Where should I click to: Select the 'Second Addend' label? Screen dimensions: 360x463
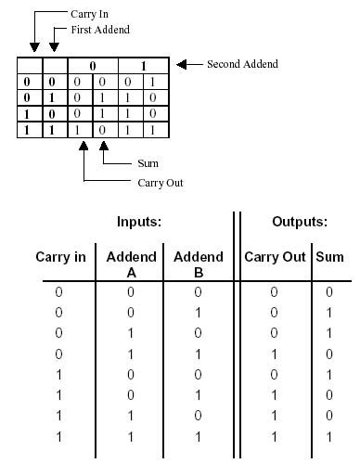coord(242,64)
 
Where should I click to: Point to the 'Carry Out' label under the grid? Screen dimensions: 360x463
coord(134,182)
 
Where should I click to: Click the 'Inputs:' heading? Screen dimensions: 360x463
coord(141,223)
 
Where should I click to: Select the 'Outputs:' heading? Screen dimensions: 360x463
coord(298,223)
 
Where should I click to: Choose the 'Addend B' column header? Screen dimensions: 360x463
coord(198,263)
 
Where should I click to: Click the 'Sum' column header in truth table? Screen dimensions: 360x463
coord(330,256)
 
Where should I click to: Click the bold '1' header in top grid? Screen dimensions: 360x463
coord(143,66)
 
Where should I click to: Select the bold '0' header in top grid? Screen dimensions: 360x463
coord(92,66)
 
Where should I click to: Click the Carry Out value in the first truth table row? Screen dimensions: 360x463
coord(274,291)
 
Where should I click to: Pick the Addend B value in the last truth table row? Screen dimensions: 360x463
coord(199,434)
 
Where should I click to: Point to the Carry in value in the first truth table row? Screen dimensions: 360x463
coord(58,291)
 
